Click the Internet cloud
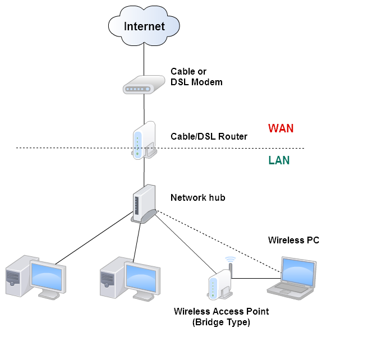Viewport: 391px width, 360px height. pyautogui.click(x=144, y=26)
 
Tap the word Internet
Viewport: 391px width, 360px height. pyautogui.click(x=144, y=26)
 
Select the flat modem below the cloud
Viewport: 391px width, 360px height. pyautogui.click(x=144, y=85)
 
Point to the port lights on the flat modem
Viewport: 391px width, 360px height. pyautogui.click(x=137, y=89)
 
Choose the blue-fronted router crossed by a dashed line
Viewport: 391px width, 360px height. pyautogui.click(x=144, y=140)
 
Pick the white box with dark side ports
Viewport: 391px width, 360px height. pyautogui.click(x=144, y=204)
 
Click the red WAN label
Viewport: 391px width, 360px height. pyautogui.click(x=280, y=128)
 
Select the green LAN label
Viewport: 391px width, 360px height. pyautogui.click(x=279, y=160)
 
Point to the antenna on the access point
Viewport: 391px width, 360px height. pyautogui.click(x=230, y=268)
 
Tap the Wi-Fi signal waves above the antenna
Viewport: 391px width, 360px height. pyautogui.click(x=231, y=259)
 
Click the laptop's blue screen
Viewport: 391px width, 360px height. pyautogui.click(x=298, y=271)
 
